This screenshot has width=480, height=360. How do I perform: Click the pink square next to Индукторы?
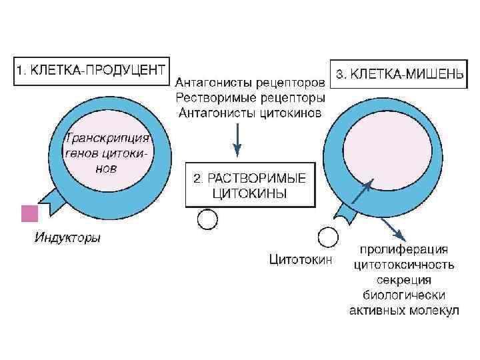30,213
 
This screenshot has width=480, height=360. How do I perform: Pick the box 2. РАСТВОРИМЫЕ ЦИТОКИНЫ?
250,185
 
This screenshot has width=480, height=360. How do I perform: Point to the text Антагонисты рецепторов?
250,83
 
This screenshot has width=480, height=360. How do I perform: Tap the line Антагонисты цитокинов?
250,112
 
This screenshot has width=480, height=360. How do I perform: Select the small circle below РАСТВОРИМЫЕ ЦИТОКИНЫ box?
207,219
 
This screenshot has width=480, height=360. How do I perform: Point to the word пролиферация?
404,250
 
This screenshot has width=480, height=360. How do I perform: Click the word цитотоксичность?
404,265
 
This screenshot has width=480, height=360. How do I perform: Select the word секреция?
404,279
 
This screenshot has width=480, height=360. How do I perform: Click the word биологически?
404,295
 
